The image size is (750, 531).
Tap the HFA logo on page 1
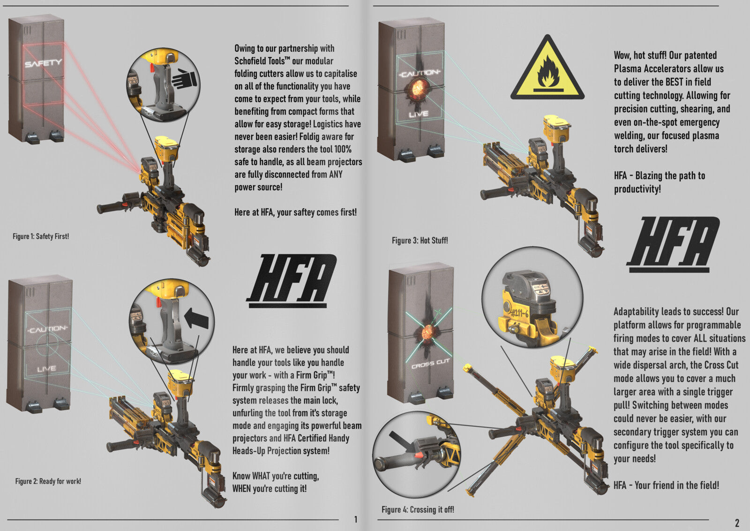(x=292, y=280)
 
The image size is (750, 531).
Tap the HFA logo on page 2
(x=673, y=243)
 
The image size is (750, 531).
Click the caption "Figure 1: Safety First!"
(x=41, y=236)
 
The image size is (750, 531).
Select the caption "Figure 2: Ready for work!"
(x=48, y=481)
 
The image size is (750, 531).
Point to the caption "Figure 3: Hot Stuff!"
(x=420, y=241)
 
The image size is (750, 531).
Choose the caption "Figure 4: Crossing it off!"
(x=417, y=509)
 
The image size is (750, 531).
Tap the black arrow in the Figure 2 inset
(x=196, y=318)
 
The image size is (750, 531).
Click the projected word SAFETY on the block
(x=43, y=63)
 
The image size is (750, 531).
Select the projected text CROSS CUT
(x=430, y=364)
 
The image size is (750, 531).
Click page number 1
(x=355, y=519)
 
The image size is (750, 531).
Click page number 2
(x=736, y=523)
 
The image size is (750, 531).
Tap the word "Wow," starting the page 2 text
(x=622, y=55)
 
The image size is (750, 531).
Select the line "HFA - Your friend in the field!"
(x=666, y=485)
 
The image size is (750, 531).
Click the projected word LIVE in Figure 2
(x=46, y=369)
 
